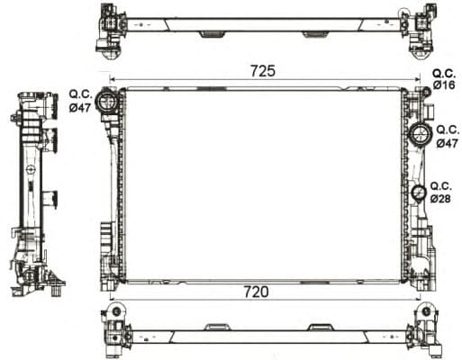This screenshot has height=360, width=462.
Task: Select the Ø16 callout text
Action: coord(443,85)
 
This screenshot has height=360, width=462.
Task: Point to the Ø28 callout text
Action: coord(440,197)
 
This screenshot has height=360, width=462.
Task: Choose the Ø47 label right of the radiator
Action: coord(447,142)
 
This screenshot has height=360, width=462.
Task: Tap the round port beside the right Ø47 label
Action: coord(421,136)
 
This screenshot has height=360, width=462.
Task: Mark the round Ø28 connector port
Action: coord(419,193)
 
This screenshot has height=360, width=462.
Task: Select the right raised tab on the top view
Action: coord(315,35)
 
